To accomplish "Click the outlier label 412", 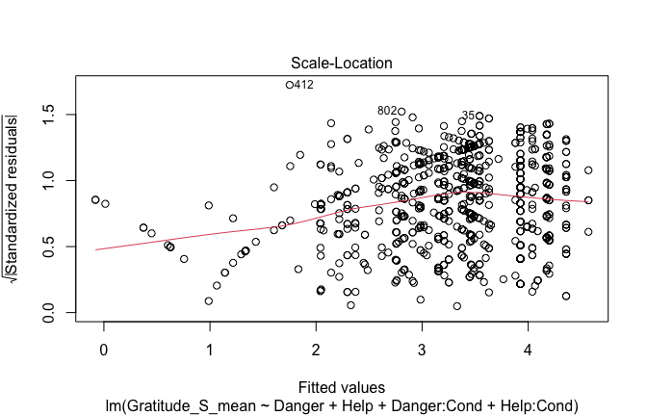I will click(x=304, y=85).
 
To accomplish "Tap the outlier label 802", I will click(x=387, y=111).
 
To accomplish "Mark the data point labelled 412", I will click(x=290, y=85).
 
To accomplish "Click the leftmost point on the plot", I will click(x=94, y=199).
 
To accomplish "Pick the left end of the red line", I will click(x=95, y=249).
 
